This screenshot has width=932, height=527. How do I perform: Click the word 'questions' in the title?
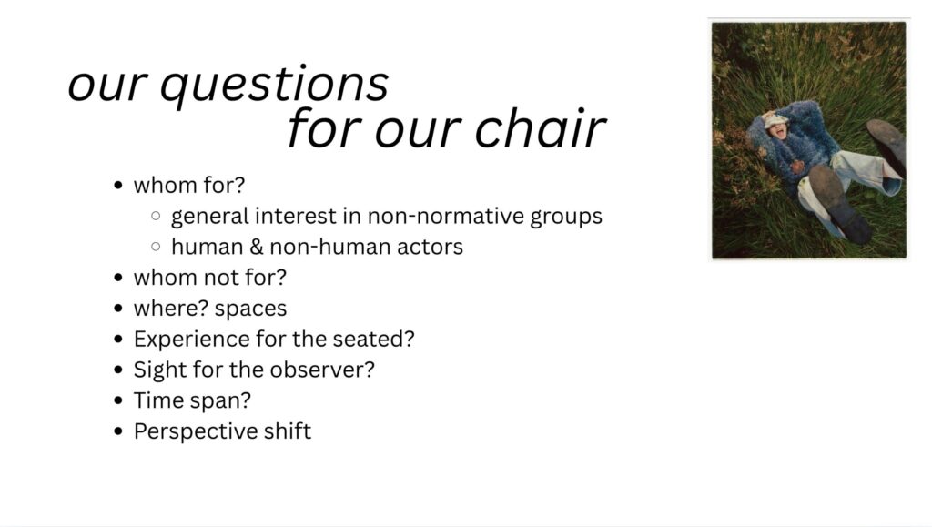(274, 86)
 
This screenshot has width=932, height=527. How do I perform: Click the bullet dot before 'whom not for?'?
(118, 278)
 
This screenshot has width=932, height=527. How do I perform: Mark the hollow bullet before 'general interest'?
(156, 216)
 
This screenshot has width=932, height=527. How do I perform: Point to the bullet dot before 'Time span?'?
(118, 400)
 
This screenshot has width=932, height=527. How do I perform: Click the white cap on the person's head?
(775, 121)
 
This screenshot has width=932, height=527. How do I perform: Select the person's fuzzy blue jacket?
(787, 139)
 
